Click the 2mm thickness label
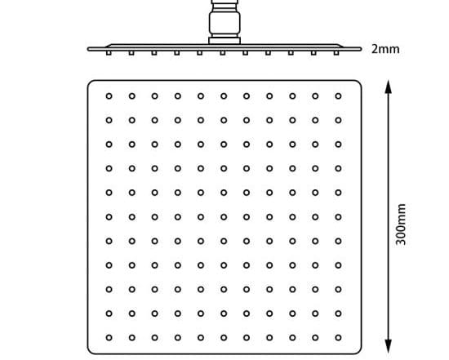tap(385, 49)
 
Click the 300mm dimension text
tap(401, 224)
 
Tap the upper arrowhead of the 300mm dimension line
tap(388, 87)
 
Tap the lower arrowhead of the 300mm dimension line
tap(388, 347)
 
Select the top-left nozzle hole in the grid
tap(109, 96)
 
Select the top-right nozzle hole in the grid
tap(338, 96)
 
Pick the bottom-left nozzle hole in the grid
tap(109, 338)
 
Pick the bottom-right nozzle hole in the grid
tap(338, 338)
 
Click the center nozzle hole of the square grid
tap(224, 217)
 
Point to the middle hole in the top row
tap(224, 96)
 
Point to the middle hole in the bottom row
tap(224, 338)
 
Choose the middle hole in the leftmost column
tap(109, 217)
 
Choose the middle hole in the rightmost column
tap(338, 217)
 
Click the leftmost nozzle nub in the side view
tap(109, 53)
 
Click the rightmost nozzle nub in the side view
tap(336, 53)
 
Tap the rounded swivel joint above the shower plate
tap(224, 23)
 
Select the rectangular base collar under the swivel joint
tap(224, 41)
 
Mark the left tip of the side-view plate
tap(87, 49)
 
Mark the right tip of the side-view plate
tap(361, 49)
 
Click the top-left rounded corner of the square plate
tap(90, 82)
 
